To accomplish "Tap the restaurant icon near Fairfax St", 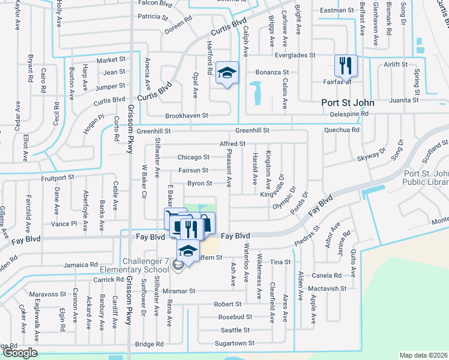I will (346, 65).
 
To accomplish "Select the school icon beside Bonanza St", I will (228, 73).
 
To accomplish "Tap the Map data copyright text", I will (424, 355).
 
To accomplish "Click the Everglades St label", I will (295, 55).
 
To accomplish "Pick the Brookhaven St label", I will (187, 115).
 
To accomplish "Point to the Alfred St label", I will (232, 144).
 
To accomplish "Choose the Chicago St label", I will (193, 157).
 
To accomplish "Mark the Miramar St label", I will (179, 291).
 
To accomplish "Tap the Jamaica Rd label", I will (81, 265).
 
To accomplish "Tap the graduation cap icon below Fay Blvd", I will (188, 251).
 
